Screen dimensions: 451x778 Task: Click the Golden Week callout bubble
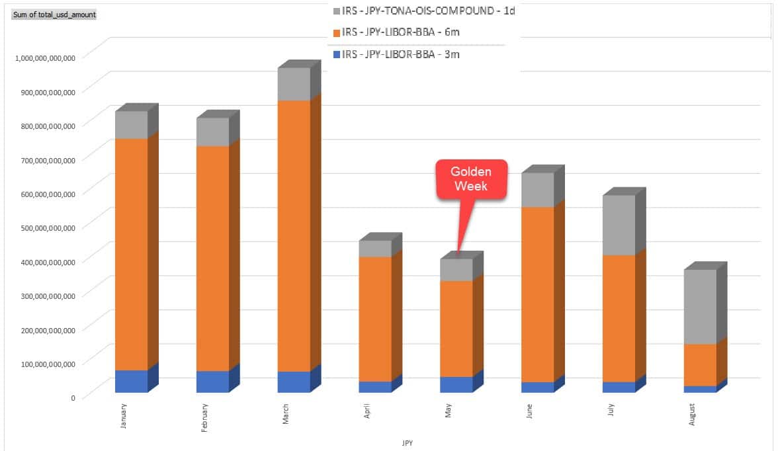point(469,179)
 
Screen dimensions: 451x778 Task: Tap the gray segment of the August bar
point(700,307)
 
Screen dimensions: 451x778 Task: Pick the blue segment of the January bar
point(131,381)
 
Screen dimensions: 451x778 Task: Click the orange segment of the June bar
point(537,294)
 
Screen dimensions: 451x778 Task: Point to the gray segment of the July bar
point(619,225)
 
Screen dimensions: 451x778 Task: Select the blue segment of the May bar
point(456,384)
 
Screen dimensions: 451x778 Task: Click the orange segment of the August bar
point(700,365)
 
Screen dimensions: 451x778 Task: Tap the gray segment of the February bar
point(212,132)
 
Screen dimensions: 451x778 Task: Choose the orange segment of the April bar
point(375,319)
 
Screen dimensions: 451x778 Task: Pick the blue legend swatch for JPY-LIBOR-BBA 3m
point(337,54)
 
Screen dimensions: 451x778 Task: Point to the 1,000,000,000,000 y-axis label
point(45,57)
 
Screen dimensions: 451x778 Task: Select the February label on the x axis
point(205,418)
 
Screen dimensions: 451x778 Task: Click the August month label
point(692,414)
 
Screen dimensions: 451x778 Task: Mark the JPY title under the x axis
point(408,442)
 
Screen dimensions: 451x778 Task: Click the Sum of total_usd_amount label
point(54,14)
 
